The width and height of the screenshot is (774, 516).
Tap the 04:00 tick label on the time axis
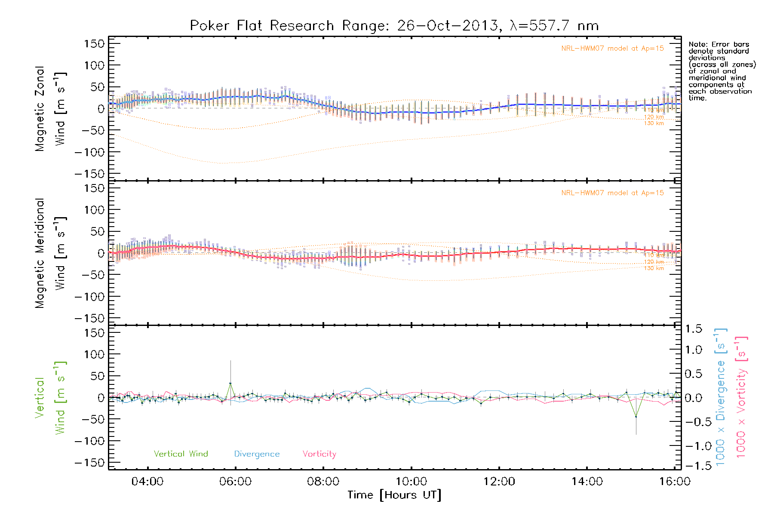[x=147, y=482]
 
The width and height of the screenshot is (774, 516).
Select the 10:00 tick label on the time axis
[x=412, y=482]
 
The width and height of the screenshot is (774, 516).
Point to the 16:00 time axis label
[x=675, y=482]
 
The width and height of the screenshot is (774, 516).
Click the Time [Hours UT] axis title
[x=394, y=495]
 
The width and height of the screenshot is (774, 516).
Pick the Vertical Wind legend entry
[x=181, y=454]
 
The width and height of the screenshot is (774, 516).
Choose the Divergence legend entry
[x=257, y=454]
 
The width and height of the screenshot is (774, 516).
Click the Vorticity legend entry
[x=319, y=454]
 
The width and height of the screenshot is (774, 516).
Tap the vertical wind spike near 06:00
[x=230, y=383]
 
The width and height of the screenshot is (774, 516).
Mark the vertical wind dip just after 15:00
[x=636, y=416]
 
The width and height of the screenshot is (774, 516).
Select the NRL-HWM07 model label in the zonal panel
[x=612, y=49]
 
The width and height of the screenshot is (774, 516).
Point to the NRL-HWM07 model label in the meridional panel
[x=612, y=193]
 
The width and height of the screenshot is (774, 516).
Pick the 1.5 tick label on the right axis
[x=693, y=329]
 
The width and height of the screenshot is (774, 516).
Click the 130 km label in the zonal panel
[x=654, y=123]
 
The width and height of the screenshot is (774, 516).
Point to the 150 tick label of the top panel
[x=94, y=43]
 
